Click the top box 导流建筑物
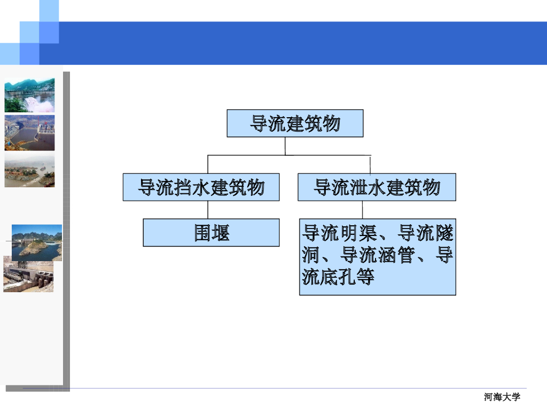(295, 124)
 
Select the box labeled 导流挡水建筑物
(201, 187)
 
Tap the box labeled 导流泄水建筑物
(377, 187)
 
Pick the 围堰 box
(211, 233)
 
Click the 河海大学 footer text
(502, 397)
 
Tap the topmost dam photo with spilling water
(29, 95)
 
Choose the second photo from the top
(29, 133)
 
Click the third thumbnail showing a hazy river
(29, 171)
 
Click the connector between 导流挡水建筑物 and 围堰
(208, 210)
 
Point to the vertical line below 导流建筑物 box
(285, 146)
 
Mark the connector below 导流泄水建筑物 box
(362, 209)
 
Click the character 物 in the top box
(332, 124)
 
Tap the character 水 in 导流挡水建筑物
(201, 187)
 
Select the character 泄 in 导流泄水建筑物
(358, 187)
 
